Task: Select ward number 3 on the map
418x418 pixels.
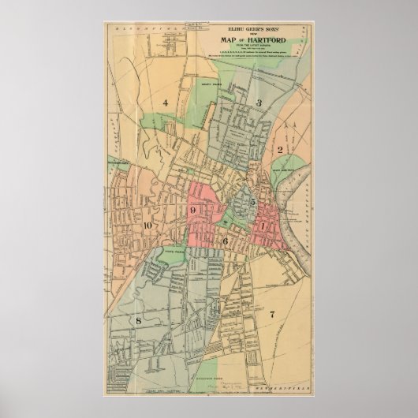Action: [x=257, y=103]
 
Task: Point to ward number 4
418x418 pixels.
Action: [x=166, y=103]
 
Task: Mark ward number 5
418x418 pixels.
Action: [x=252, y=202]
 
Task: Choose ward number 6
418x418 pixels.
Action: [x=225, y=241]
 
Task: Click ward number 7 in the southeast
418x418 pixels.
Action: [x=272, y=314]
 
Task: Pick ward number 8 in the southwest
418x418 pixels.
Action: [x=138, y=320]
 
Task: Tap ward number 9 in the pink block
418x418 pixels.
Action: [x=192, y=210]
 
